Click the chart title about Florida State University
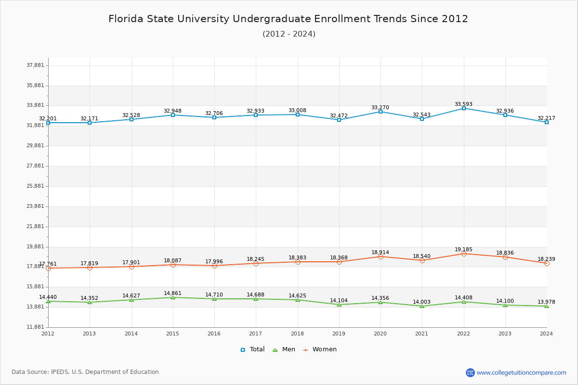pos(288,19)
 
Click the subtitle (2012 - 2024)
pos(289,34)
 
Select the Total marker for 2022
pos(464,108)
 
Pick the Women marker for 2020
pos(381,257)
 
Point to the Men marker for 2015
pos(173,297)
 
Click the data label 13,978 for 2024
pos(546,302)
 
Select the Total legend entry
pos(253,349)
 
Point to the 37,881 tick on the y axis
pos(35,65)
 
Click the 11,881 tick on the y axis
pos(35,327)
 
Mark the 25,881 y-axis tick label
pos(35,186)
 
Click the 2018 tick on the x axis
pos(297,334)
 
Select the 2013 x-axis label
pos(90,334)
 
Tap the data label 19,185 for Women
pos(463,250)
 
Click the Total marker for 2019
pos(339,120)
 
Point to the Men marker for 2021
pos(422,306)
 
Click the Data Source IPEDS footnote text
pos(85,372)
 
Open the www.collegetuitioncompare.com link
pos(521,372)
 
